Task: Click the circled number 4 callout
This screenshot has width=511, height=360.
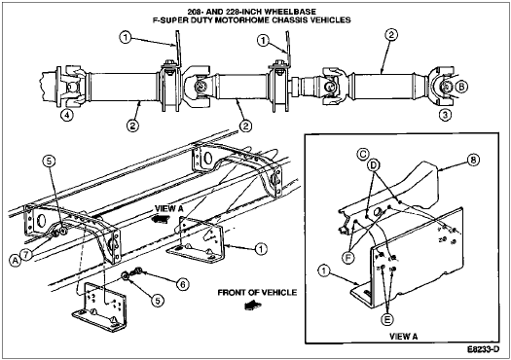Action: click(66, 116)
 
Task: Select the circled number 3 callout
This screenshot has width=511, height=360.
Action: click(445, 115)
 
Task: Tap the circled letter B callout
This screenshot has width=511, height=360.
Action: click(461, 87)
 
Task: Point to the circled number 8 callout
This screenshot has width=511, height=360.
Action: click(473, 160)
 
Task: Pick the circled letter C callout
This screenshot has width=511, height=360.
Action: click(363, 154)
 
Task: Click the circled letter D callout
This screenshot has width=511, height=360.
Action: click(373, 165)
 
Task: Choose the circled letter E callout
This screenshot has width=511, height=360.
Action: click(386, 319)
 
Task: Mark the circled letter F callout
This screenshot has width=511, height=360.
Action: click(348, 258)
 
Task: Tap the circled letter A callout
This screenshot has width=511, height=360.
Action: click(15, 261)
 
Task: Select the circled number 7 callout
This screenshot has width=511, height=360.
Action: click(25, 254)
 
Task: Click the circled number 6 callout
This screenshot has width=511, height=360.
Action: click(183, 284)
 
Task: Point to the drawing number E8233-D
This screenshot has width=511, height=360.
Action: click(484, 349)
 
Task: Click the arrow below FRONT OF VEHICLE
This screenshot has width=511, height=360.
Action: click(253, 306)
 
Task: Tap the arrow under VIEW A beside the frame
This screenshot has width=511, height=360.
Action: click(162, 219)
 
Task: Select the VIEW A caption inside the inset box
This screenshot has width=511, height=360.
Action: click(404, 337)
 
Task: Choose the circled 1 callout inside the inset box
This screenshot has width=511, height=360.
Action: click(323, 271)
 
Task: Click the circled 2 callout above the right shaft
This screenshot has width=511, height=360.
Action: click(391, 35)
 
